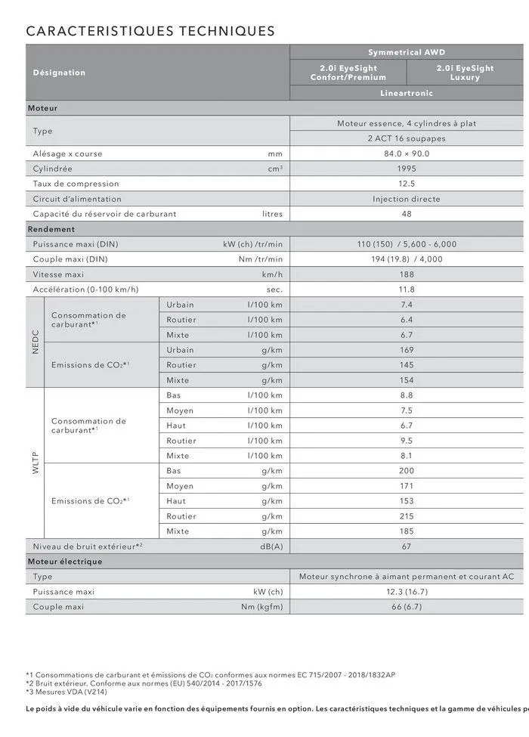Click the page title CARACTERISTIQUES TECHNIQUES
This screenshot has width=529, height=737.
(x=150, y=31)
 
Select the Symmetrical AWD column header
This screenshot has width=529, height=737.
(x=407, y=52)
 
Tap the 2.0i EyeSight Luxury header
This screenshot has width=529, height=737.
(x=465, y=73)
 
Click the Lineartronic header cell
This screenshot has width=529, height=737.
(x=407, y=93)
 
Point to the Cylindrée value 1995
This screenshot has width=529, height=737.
(x=407, y=169)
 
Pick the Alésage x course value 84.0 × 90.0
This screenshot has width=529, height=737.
(x=407, y=153)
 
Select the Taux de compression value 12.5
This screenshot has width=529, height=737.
(x=407, y=184)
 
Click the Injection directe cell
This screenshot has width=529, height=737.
(x=407, y=199)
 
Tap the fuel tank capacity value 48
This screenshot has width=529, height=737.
(x=407, y=214)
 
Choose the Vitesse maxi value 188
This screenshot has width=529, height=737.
(x=407, y=274)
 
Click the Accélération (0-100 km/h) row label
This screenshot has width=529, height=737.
(x=85, y=290)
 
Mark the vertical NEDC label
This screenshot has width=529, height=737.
(x=35, y=342)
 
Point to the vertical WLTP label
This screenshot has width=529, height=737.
(x=35, y=463)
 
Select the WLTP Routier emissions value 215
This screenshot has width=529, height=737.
(x=407, y=516)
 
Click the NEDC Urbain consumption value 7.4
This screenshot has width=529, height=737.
(x=407, y=305)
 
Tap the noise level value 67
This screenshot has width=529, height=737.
(x=407, y=547)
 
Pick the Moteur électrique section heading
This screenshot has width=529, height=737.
(x=65, y=562)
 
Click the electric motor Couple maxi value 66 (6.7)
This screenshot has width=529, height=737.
(x=407, y=607)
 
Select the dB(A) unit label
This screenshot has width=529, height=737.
(x=271, y=547)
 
